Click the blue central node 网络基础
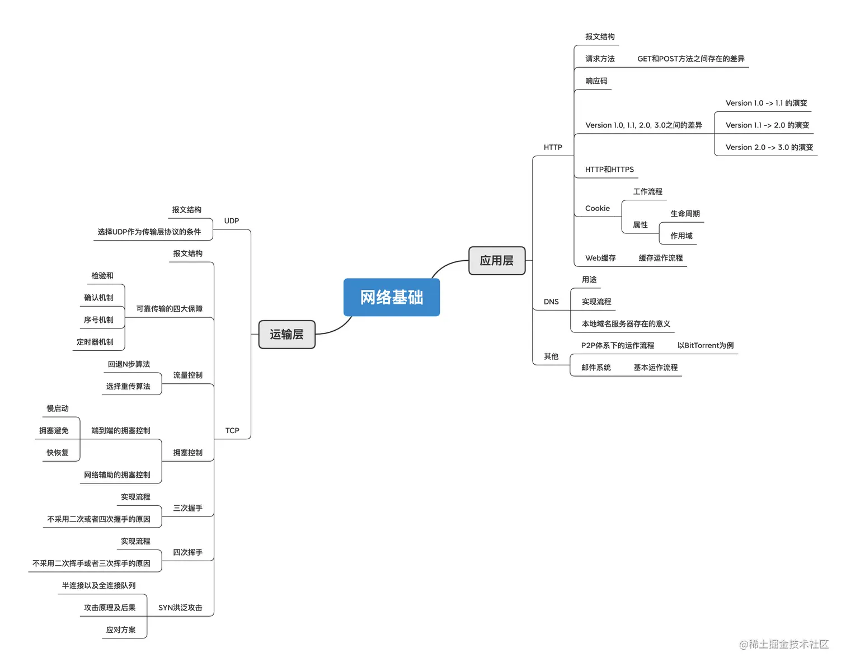click(391, 297)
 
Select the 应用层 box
click(496, 261)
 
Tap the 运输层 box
click(286, 335)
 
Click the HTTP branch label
click(553, 147)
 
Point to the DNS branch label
click(551, 302)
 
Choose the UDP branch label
click(232, 221)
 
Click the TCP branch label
click(232, 431)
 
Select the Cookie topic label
click(598, 209)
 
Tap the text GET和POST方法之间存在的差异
click(691, 59)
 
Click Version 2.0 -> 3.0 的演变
click(769, 147)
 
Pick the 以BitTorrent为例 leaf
click(706, 345)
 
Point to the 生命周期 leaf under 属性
click(685, 214)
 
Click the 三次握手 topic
click(187, 508)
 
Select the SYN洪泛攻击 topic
click(180, 608)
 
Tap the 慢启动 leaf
click(58, 408)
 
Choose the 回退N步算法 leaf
click(129, 364)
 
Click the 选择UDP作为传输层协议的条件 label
click(149, 232)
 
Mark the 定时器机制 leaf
click(95, 342)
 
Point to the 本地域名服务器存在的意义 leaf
click(626, 324)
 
